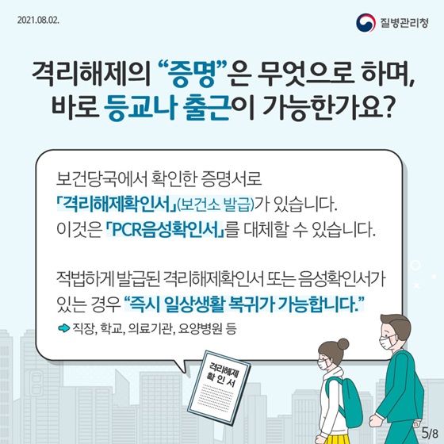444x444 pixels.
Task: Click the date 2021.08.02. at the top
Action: (x=38, y=21)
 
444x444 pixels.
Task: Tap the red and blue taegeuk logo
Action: (x=366, y=23)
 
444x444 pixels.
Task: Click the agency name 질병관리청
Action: (x=404, y=23)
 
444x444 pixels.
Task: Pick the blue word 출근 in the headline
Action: (x=206, y=109)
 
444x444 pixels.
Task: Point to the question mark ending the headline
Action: (x=386, y=108)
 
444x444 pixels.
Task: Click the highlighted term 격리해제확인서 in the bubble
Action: (x=117, y=204)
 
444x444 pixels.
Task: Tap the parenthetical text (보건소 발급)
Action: (x=215, y=205)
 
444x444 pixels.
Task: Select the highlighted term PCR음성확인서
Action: (x=165, y=230)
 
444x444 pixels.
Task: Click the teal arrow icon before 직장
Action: (x=63, y=328)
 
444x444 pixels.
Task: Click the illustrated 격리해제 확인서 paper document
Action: (x=220, y=387)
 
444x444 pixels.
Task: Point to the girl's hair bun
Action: (x=343, y=344)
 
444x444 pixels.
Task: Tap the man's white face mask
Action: (x=388, y=342)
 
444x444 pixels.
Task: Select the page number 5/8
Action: (x=429, y=432)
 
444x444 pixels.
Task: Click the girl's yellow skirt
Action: (x=332, y=438)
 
